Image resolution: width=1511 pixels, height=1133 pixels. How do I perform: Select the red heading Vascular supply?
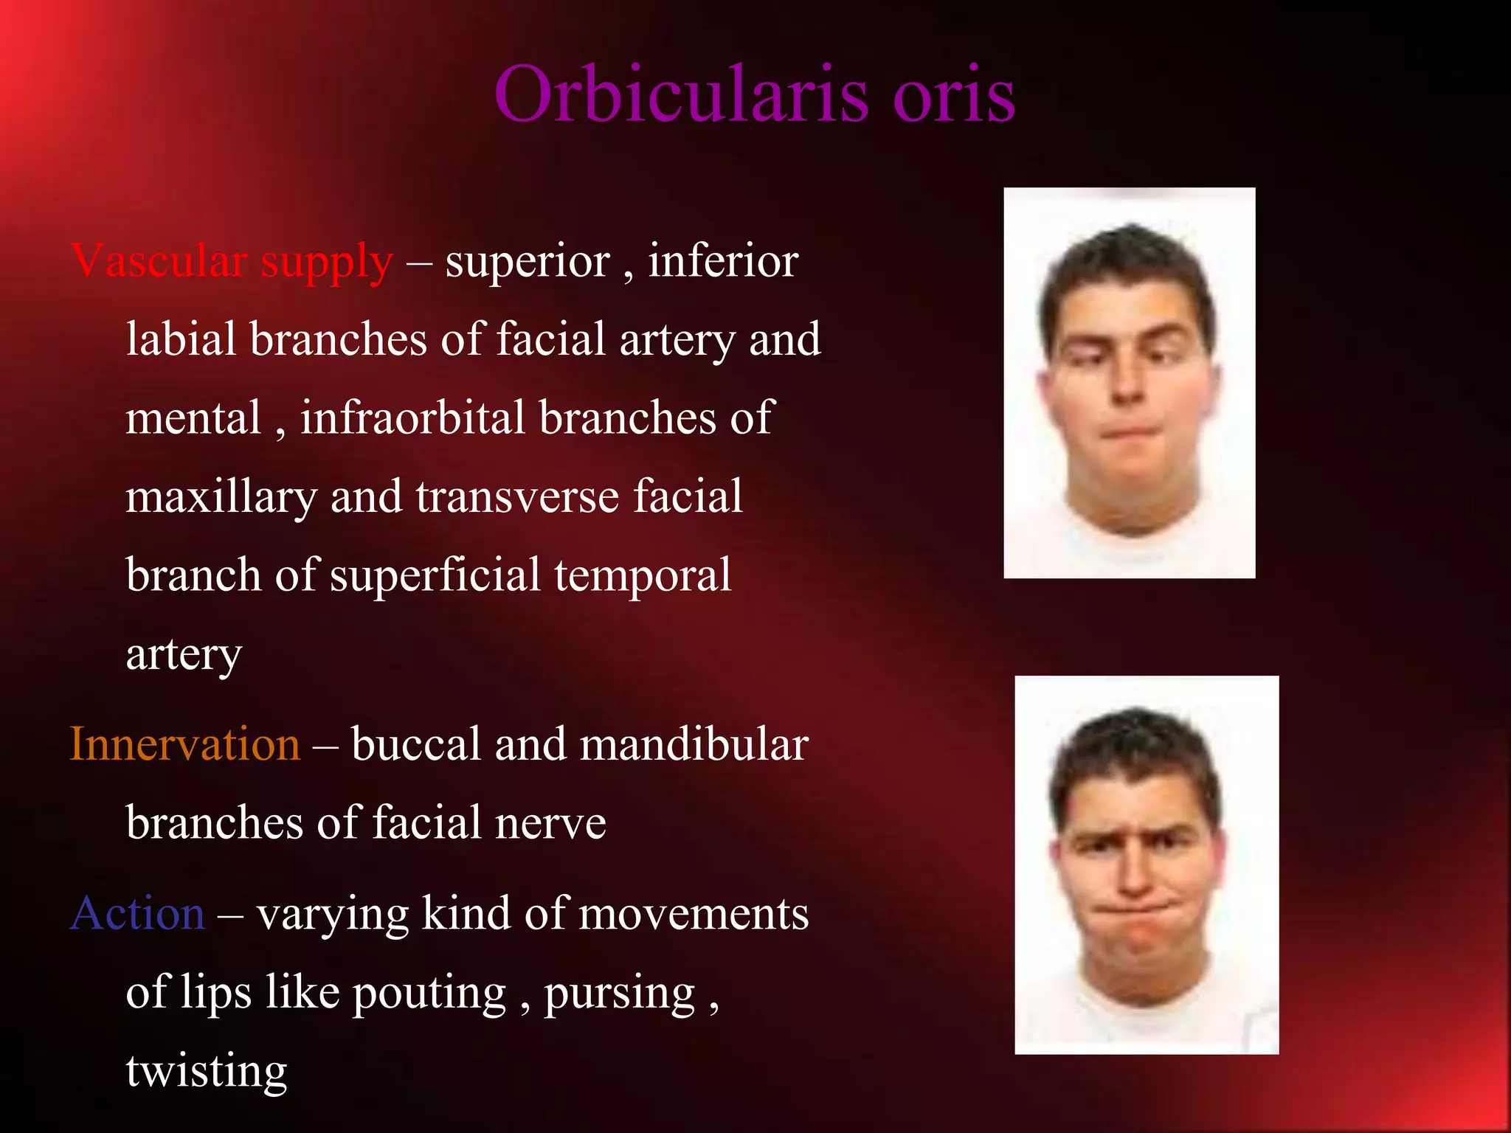click(232, 262)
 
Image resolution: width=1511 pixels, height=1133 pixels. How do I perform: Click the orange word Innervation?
click(184, 744)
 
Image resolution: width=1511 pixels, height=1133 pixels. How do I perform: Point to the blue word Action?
click(137, 913)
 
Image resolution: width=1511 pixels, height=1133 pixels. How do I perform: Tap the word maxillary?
click(221, 497)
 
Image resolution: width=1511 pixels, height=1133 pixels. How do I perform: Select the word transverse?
click(516, 496)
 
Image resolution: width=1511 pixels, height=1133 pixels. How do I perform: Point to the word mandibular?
click(694, 744)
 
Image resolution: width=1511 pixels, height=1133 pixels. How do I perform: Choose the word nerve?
click(550, 823)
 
